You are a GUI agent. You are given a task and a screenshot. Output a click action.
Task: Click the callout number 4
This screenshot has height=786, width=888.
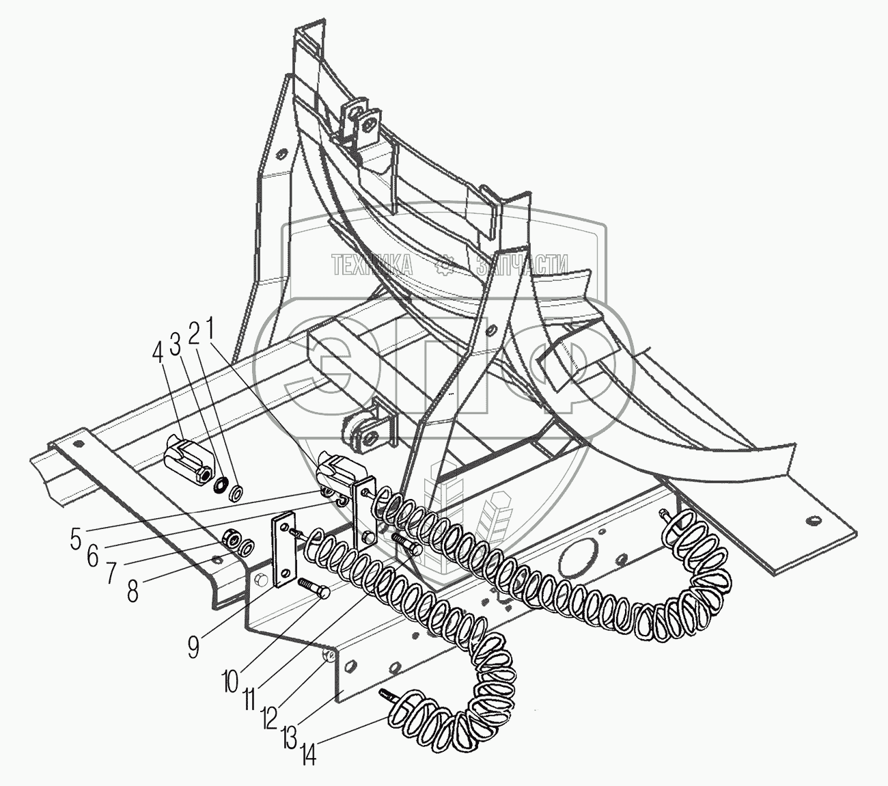click(158, 354)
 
